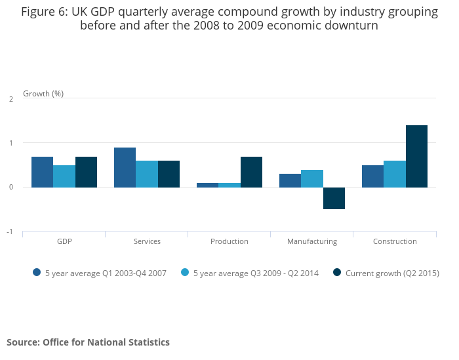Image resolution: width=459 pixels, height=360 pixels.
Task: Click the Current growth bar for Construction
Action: [x=416, y=156]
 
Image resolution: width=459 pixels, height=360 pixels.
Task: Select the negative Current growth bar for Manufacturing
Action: [x=334, y=198]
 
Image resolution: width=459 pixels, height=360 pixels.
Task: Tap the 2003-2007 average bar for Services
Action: [x=125, y=167]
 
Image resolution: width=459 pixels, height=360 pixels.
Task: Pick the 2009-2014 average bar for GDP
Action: [x=64, y=176]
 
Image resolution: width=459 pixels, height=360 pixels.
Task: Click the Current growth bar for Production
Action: [x=251, y=172]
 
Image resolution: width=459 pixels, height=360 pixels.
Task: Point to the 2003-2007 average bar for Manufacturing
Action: [x=290, y=180]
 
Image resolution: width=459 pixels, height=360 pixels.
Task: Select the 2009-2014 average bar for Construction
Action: [x=395, y=174]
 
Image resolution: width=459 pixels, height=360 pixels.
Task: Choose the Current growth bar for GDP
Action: [x=86, y=172]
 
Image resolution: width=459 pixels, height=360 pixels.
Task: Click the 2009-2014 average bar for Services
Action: [x=147, y=174]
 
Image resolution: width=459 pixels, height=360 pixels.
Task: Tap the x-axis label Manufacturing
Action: [x=312, y=241]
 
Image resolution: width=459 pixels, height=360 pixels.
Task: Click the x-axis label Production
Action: [x=229, y=241]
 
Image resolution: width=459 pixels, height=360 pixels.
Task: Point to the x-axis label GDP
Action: [x=64, y=241]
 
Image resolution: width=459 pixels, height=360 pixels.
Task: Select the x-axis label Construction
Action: [x=395, y=241]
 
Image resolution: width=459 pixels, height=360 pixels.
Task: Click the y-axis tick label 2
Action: [x=11, y=99]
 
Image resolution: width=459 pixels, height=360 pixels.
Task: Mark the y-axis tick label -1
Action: [x=10, y=231]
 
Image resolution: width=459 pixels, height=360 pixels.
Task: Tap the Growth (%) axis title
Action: [x=43, y=94]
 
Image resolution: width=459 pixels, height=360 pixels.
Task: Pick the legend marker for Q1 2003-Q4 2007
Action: [x=37, y=273]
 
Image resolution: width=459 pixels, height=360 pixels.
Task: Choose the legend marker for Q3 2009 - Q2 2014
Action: [x=185, y=273]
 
